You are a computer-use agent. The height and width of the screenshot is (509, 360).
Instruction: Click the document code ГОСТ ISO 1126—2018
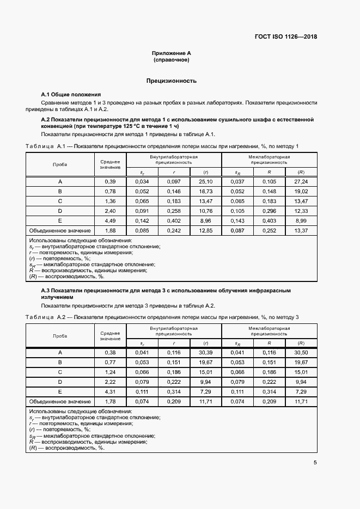point(286,37)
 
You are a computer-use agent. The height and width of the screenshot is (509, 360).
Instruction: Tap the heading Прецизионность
point(171,81)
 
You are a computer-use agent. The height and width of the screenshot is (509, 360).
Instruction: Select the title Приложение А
point(171,53)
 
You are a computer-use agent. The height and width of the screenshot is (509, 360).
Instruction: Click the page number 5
point(315,463)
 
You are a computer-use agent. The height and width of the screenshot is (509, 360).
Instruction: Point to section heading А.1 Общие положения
point(71,94)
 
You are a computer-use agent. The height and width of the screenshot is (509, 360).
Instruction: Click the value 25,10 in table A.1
point(205,181)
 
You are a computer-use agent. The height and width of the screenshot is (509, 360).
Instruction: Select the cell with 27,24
point(301,181)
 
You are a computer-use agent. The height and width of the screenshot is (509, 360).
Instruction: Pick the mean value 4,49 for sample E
point(110,220)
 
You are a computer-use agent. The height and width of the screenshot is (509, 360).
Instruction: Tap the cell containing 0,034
point(142,181)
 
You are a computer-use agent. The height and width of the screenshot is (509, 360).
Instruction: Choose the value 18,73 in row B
point(205,191)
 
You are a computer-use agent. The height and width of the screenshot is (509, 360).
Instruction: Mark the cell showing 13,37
point(301,230)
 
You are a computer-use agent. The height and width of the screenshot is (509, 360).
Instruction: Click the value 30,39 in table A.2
point(205,352)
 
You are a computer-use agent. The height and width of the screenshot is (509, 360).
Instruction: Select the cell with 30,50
point(301,352)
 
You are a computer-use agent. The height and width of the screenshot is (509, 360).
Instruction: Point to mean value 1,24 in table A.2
point(110,372)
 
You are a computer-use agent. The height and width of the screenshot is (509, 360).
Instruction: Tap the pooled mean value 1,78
point(110,401)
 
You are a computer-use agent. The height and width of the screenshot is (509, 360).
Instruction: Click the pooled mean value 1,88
point(110,230)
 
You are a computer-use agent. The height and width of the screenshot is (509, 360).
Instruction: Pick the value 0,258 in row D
point(173,211)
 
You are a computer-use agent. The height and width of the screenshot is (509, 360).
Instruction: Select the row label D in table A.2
point(60,382)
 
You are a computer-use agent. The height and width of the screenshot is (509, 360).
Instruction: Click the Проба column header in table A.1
point(60,164)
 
